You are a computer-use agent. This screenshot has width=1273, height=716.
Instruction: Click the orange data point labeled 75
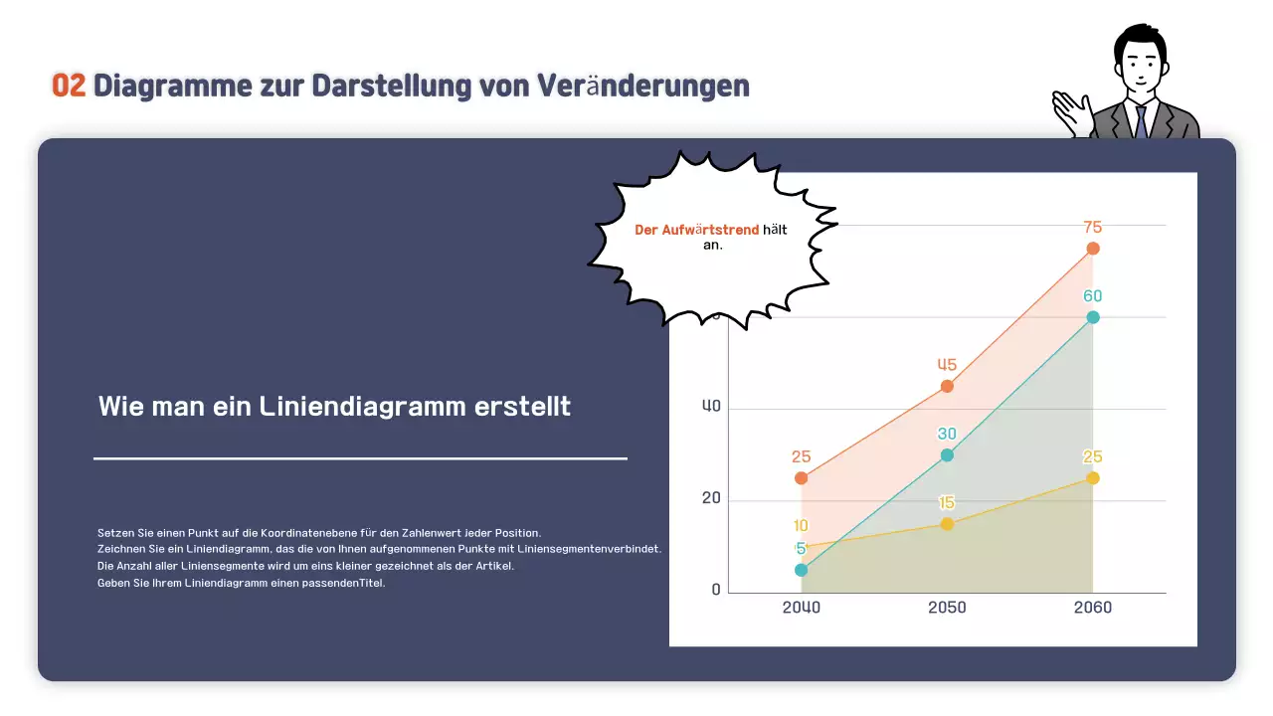coord(1093,249)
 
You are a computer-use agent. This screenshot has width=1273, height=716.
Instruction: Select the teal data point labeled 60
coord(1093,317)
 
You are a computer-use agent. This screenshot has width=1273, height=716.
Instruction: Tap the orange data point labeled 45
coord(947,386)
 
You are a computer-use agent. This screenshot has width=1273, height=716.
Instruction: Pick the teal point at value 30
coord(947,455)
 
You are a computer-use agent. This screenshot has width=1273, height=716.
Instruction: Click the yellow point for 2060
coord(1093,478)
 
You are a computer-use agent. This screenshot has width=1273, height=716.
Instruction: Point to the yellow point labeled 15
coord(947,524)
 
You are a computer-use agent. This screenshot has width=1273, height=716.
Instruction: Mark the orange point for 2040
coord(802,478)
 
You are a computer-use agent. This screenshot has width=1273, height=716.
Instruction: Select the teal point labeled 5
coord(802,570)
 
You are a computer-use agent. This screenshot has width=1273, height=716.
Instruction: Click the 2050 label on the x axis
coord(947,608)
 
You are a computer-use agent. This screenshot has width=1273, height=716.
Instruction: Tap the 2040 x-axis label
coord(802,608)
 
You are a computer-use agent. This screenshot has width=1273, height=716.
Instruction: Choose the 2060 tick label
coord(1093,608)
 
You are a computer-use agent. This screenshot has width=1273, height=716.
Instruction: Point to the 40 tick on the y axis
coord(711,407)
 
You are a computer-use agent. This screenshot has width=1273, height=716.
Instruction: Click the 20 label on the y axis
coord(711,498)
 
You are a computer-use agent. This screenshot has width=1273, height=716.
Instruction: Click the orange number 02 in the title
coord(69,86)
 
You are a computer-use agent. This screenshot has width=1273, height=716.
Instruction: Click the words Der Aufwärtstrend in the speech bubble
coord(696,230)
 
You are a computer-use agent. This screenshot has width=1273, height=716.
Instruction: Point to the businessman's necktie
coord(1141,120)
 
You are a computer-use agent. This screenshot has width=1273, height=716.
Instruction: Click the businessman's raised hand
coord(1072,110)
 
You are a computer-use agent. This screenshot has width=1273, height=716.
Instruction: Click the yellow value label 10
coord(801,526)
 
